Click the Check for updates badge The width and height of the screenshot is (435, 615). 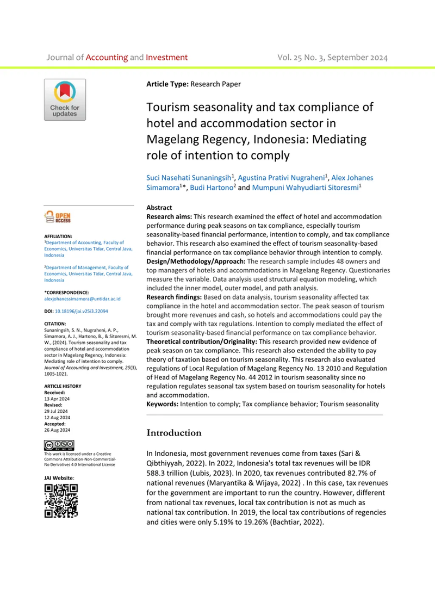65,100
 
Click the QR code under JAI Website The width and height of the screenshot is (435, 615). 60,500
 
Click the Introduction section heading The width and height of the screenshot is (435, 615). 174,433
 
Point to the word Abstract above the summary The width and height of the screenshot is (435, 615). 159,208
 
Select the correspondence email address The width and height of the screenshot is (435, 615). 82,299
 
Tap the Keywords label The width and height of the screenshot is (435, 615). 165,404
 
